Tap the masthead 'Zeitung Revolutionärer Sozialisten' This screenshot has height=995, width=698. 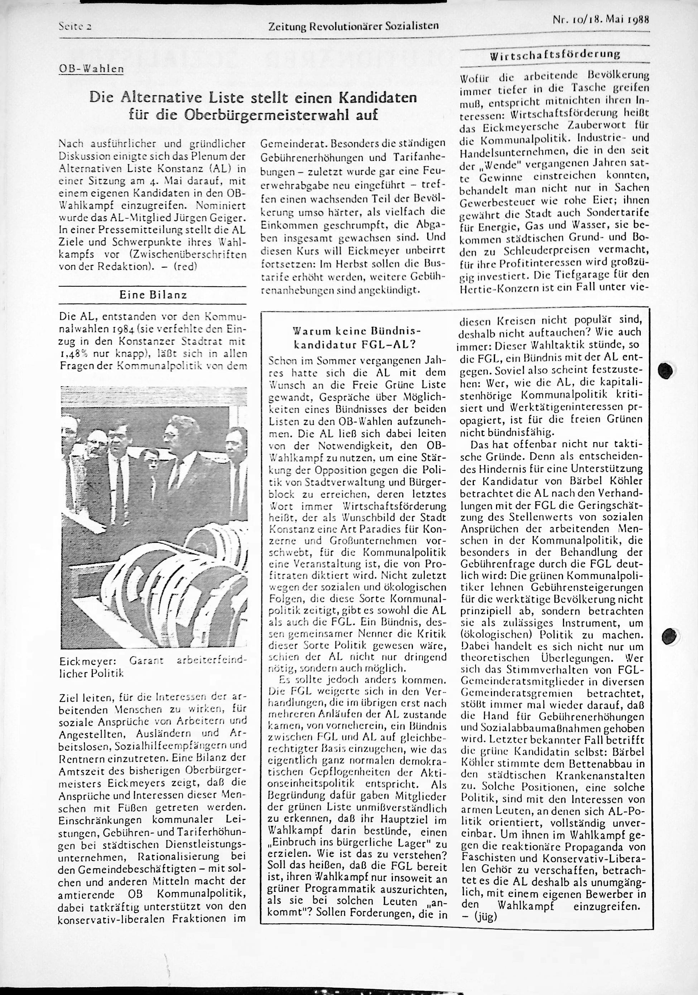click(x=353, y=26)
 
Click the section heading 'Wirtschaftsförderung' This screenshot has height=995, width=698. click(x=555, y=55)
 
